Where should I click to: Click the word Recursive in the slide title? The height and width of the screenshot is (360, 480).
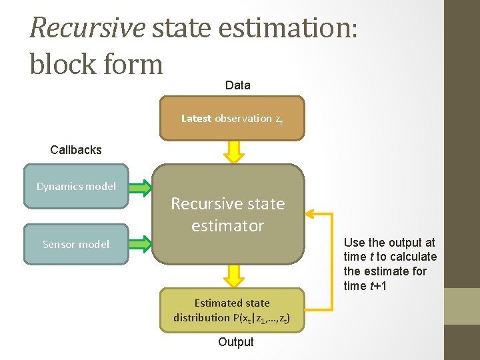point(87,28)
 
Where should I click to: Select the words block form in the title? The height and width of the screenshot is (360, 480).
point(97,64)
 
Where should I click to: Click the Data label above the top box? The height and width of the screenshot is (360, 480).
point(238,85)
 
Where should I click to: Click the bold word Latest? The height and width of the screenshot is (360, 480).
point(196,119)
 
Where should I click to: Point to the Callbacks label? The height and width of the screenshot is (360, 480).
point(76,150)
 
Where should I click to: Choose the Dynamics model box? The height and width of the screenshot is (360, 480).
point(76,187)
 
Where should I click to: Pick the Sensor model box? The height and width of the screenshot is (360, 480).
point(76,244)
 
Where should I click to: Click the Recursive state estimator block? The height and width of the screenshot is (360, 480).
point(228,214)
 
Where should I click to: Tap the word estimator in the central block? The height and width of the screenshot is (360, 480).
point(228,226)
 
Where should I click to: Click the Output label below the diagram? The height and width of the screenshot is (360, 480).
point(236,342)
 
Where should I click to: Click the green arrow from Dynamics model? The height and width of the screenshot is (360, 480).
point(141,187)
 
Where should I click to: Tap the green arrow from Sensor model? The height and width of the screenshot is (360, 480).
point(141,245)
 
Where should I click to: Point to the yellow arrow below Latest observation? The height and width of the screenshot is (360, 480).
point(233,151)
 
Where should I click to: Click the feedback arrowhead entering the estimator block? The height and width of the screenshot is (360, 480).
point(311,214)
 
